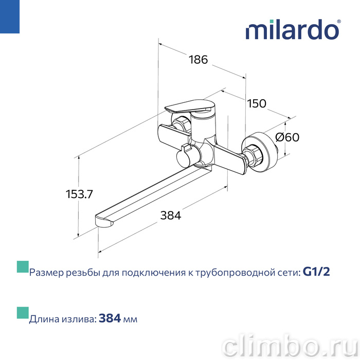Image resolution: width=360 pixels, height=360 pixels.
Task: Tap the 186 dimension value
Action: tap(198, 60)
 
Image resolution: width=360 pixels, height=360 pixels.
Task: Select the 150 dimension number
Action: tap(257, 103)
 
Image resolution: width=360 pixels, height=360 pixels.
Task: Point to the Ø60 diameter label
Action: tap(287, 137)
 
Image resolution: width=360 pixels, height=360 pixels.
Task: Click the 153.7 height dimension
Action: tap(79, 194)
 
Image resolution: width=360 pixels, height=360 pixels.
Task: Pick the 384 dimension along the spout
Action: tap(171, 215)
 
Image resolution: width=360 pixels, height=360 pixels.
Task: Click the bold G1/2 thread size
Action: tap(316, 272)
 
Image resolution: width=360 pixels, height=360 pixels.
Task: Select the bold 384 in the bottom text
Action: tap(110, 318)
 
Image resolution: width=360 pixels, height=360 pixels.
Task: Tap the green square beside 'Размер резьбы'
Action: tap(23, 267)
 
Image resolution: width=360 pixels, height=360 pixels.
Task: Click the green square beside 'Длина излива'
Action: tap(23, 313)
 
